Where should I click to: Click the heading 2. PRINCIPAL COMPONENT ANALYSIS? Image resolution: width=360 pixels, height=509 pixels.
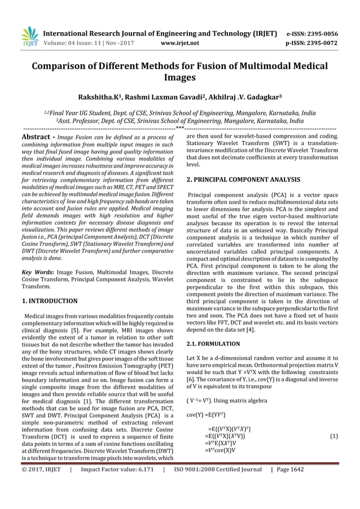coord(243,179)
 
